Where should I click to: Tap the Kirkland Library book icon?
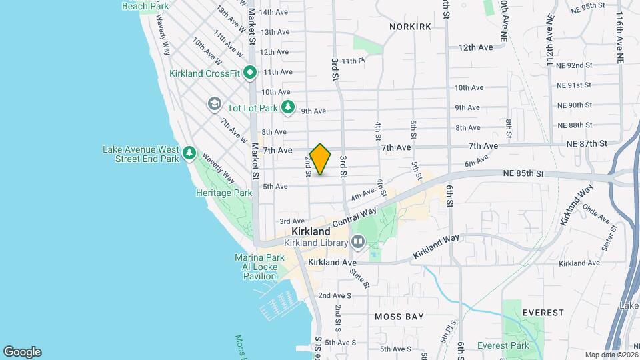click(358, 241)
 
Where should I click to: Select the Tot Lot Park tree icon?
click(288, 107)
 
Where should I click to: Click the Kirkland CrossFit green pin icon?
click(250, 72)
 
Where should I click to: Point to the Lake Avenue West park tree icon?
click(189, 155)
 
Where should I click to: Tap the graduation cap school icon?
click(214, 104)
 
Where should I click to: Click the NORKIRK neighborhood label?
click(410, 26)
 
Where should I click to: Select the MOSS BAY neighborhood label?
click(399, 317)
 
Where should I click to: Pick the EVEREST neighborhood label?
click(543, 312)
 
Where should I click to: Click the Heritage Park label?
click(224, 193)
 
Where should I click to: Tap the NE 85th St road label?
click(525, 173)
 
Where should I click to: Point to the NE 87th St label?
click(587, 143)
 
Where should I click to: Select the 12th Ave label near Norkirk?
click(475, 47)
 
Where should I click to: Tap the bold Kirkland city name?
click(311, 231)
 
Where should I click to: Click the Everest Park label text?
click(503, 345)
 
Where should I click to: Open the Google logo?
click(22, 352)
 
